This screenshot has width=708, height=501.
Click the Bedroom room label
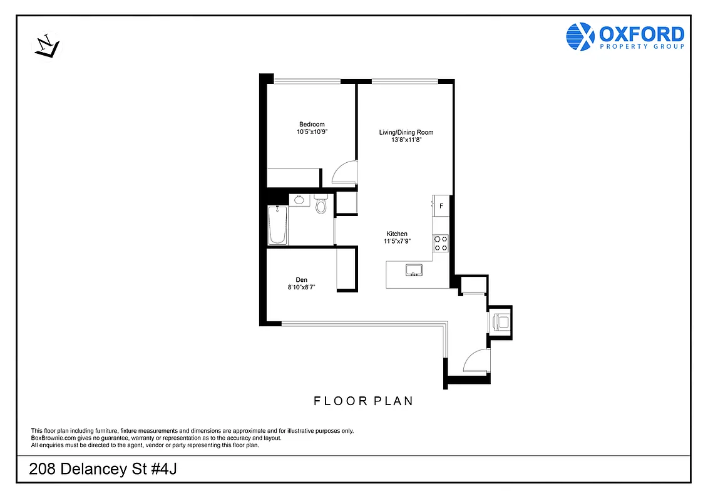312,124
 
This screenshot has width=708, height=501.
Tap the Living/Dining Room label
406,132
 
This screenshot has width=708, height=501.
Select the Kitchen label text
397,234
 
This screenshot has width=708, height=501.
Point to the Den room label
302,280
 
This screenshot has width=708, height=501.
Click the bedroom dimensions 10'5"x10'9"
312,132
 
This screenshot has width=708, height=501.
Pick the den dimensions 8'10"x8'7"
302,288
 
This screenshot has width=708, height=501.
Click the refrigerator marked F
441,205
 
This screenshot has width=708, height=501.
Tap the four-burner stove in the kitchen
441,243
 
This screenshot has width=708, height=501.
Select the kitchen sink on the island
413,270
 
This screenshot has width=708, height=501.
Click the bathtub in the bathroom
278,226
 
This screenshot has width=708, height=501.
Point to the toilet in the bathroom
321,204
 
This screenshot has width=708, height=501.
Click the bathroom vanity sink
300,200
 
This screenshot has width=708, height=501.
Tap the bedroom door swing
344,173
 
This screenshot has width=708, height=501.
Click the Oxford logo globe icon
580,36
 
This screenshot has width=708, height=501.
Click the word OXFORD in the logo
641,34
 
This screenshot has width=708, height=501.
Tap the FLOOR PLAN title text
363,401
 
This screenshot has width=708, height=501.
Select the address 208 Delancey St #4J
103,470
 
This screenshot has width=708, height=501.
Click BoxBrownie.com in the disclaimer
51,438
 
